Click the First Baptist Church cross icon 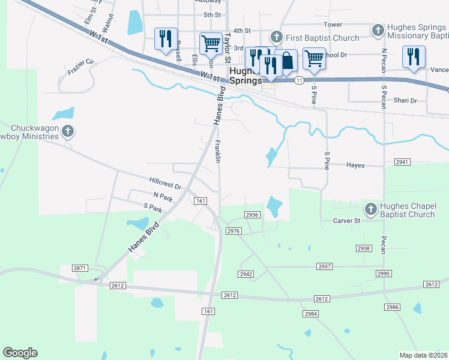(276, 37)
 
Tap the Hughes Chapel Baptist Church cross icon (370, 209)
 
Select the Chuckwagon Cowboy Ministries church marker (68, 130)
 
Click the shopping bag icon (287, 60)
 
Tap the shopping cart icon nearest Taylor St (211, 43)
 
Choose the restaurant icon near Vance (414, 56)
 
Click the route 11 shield (298, 80)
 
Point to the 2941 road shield (402, 162)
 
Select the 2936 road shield (252, 215)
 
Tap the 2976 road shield (234, 231)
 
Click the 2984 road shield (310, 314)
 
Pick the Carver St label (346, 221)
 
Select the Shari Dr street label (405, 100)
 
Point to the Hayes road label (355, 165)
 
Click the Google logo (20, 353)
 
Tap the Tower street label (333, 25)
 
